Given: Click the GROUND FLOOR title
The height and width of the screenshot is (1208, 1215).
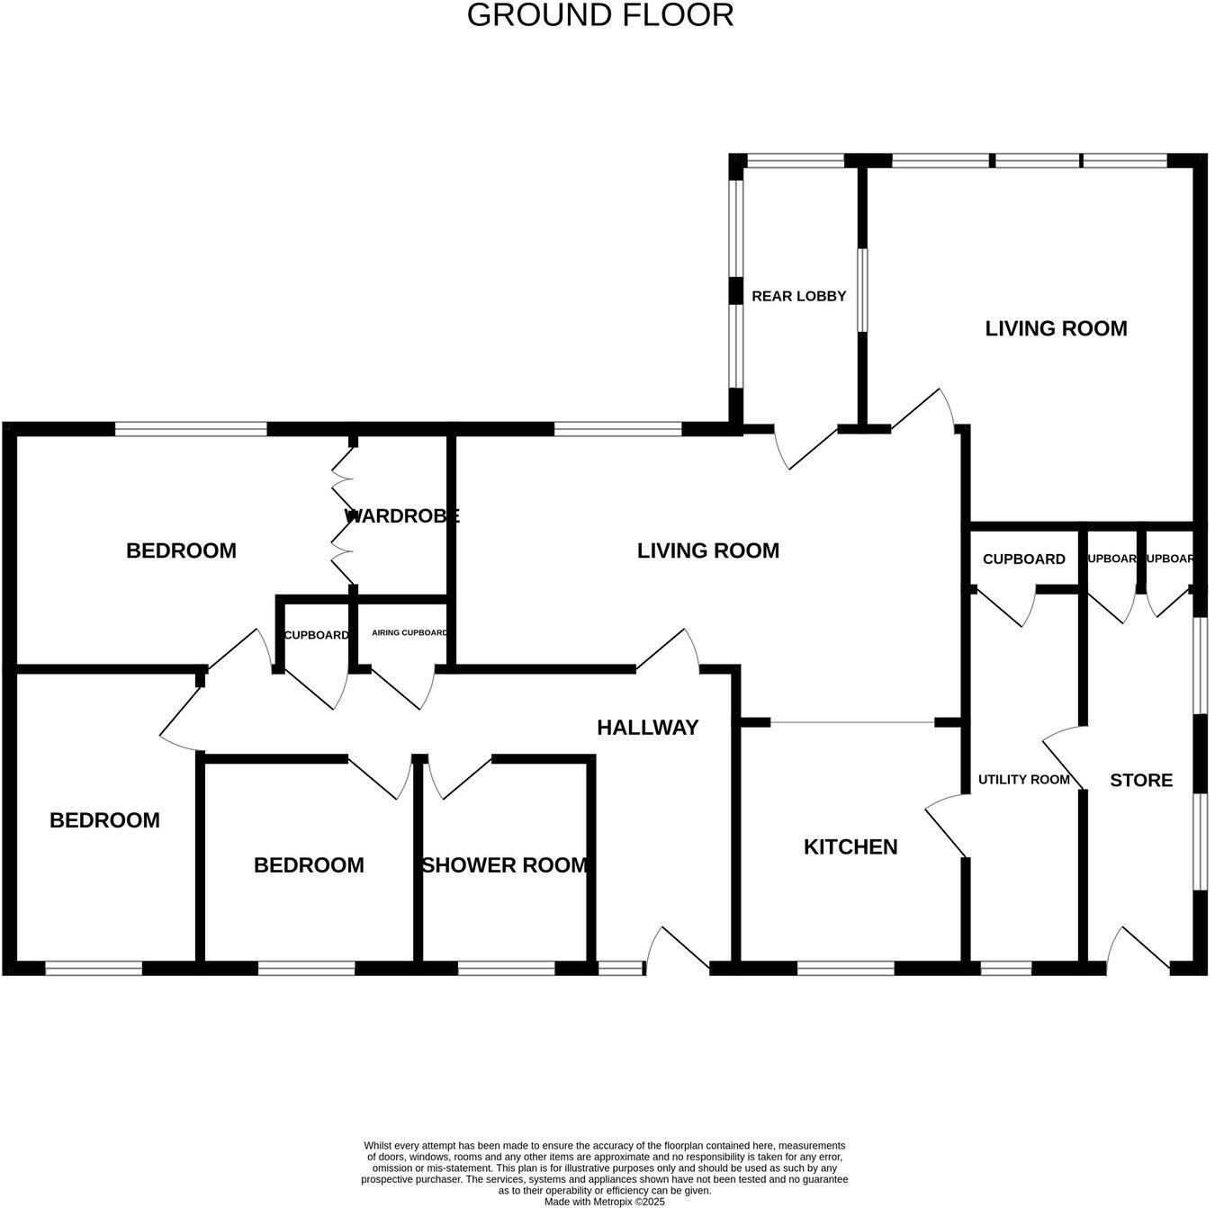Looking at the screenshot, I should (600, 15).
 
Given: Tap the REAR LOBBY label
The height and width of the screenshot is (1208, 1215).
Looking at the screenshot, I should (798, 296).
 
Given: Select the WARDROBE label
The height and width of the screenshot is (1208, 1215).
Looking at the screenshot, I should (401, 516).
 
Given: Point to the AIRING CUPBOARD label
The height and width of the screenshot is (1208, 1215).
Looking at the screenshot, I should (409, 633).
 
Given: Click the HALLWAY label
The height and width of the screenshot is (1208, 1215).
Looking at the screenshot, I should (647, 728).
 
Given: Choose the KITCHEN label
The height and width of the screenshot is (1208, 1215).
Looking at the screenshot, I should (850, 846).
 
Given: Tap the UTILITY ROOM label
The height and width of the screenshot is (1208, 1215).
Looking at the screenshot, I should (1023, 780).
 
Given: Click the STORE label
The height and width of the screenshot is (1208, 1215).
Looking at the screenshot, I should (1140, 780).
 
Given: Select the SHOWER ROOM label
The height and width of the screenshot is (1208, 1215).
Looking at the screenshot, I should (504, 865).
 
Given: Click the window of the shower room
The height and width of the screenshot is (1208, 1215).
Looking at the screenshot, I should (506, 969).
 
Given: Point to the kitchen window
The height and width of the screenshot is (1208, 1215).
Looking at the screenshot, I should (845, 969).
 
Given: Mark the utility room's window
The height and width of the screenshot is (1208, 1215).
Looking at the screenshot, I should (1005, 969).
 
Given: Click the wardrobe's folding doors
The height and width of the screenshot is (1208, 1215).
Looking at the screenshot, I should (343, 517).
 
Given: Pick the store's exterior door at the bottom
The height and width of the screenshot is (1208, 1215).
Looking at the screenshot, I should (1138, 949).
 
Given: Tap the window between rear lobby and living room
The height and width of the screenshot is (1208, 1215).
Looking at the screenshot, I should (861, 290).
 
